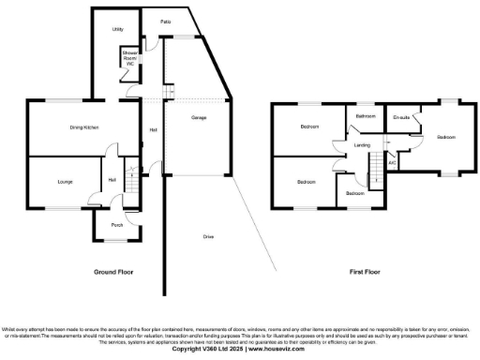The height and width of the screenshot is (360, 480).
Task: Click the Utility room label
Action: [118, 30]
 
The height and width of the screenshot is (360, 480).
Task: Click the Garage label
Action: [199, 118]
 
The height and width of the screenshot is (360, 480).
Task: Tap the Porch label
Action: [117, 225]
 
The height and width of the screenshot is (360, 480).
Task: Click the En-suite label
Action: [402, 117]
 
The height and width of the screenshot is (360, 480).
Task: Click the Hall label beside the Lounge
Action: [112, 179]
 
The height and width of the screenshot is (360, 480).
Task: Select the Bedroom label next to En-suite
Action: [445, 137]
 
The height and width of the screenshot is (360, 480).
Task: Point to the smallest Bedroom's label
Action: [354, 192]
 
